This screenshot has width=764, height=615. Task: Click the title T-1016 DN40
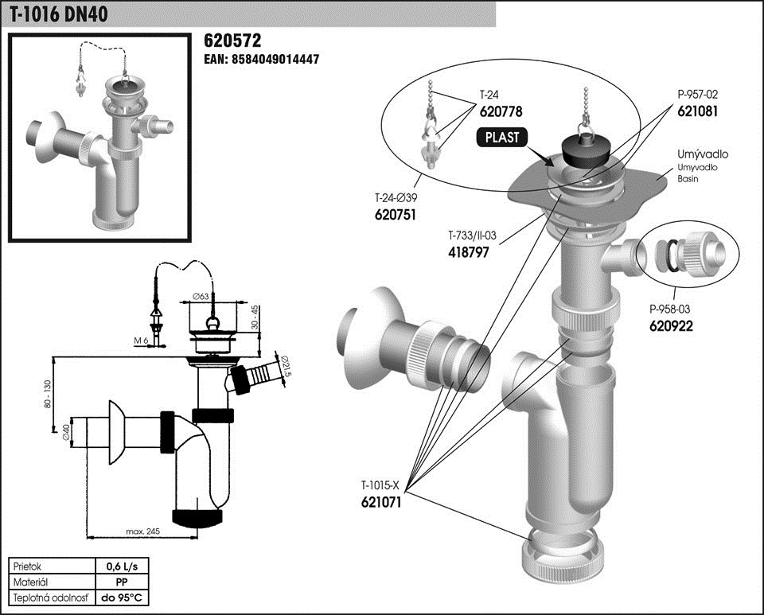60,14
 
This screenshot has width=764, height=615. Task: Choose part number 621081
698,112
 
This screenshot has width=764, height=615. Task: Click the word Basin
688,179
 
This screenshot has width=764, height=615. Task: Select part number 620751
396,215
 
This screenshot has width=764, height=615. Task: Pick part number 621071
382,502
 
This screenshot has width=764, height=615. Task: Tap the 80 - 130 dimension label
47,394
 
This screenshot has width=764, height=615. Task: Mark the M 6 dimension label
141,341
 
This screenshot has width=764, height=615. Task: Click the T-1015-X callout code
384,485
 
